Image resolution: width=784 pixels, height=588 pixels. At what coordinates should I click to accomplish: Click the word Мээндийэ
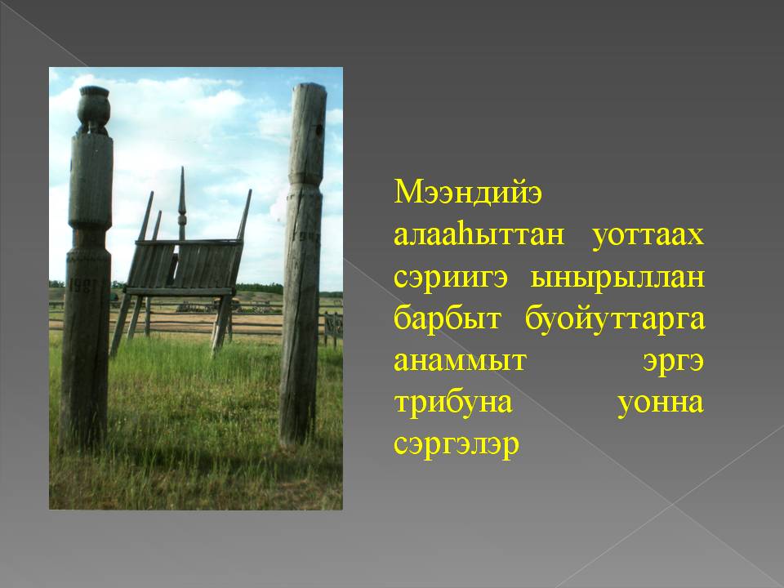[x=467, y=193]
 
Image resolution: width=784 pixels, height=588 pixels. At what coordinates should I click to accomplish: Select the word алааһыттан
[x=479, y=234]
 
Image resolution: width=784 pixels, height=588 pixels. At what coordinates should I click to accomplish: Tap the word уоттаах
[x=648, y=235]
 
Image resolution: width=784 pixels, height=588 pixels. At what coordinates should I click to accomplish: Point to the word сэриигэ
[x=451, y=278]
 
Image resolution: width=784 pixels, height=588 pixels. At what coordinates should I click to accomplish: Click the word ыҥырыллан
[x=617, y=278]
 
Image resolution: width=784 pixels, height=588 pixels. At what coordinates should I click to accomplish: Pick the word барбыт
[x=448, y=318]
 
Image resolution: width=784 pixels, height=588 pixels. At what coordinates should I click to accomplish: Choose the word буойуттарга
[x=615, y=318]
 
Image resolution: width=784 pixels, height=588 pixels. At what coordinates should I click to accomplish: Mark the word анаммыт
[x=461, y=361]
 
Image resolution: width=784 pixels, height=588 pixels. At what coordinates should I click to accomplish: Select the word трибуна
[x=453, y=403]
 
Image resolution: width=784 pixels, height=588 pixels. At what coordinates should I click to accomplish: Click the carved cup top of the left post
[x=93, y=109]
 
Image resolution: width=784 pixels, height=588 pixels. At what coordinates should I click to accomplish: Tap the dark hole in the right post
[x=318, y=131]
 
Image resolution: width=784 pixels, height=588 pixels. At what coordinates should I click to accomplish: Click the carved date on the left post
[x=82, y=286]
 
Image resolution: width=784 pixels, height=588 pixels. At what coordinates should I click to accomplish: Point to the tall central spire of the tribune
[x=182, y=203]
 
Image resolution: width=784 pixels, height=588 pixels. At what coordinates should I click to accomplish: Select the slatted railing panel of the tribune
[x=183, y=265]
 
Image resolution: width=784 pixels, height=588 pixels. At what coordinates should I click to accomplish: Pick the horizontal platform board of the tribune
[x=179, y=291]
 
